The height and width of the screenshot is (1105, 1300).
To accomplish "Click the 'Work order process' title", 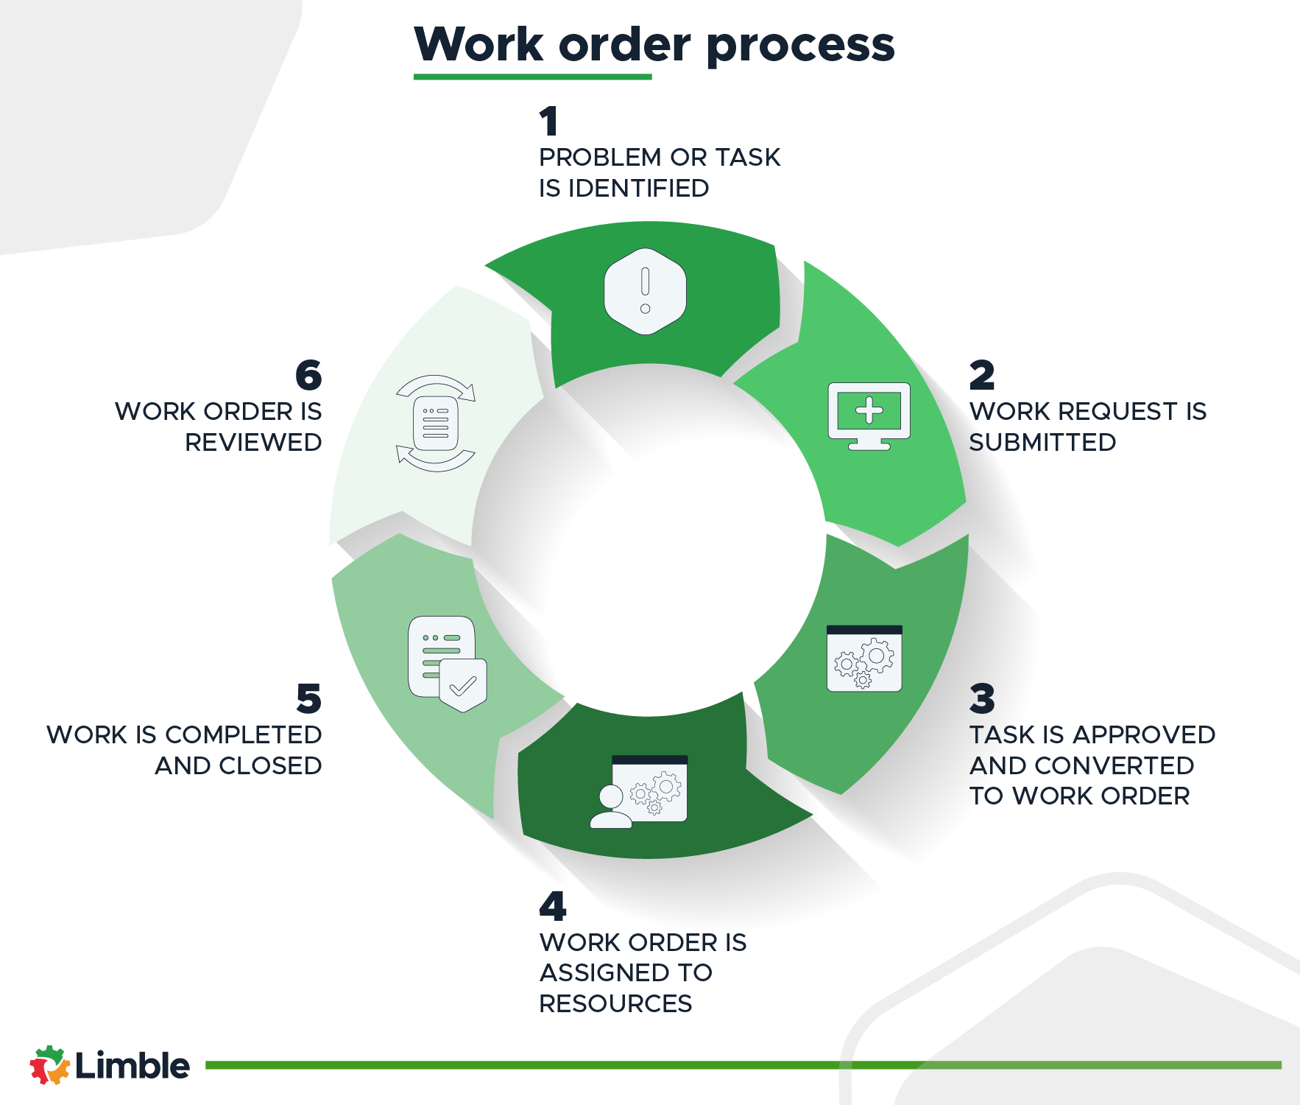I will point(654,45).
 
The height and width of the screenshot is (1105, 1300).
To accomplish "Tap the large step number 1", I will point(548,122).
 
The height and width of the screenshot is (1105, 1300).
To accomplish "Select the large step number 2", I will point(982,375).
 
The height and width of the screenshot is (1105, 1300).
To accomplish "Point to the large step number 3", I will point(982,698).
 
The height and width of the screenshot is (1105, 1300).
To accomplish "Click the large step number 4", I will point(553,906).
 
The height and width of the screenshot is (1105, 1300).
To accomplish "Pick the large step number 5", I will point(309,698).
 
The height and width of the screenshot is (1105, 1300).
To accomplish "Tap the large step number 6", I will point(309,375).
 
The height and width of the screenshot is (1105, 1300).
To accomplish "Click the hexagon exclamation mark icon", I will point(645,292).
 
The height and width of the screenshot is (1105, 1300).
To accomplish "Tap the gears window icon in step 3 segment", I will point(864,659).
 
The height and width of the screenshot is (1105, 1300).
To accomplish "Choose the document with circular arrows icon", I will point(436,424).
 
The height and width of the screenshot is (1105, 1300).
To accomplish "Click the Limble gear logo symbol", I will point(49,1065).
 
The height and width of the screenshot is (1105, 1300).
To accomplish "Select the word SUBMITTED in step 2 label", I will point(1042,443).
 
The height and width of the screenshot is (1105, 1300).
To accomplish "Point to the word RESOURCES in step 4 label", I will point(615,1004).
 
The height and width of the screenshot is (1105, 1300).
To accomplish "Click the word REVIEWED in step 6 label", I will point(253,443).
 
